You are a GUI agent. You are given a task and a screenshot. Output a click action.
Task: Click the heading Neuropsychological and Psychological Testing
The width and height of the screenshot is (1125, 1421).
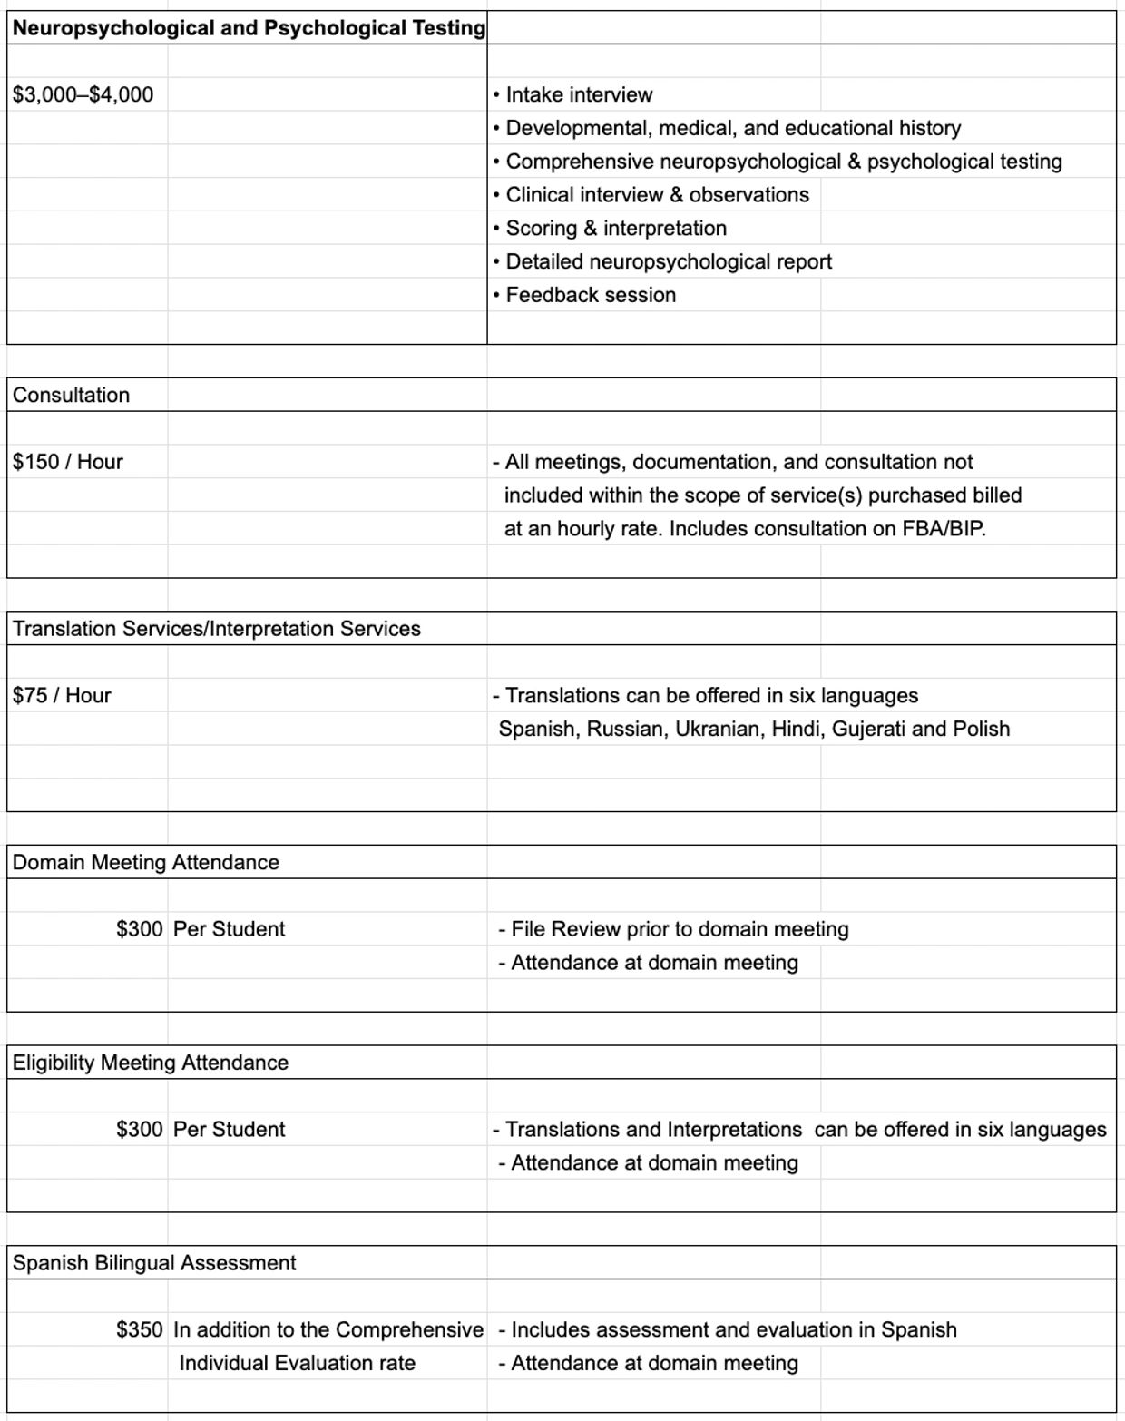[x=249, y=28]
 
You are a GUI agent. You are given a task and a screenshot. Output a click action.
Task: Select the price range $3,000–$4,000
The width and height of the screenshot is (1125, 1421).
[x=83, y=94]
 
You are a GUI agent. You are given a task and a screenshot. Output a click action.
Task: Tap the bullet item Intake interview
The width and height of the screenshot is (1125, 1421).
[x=579, y=94]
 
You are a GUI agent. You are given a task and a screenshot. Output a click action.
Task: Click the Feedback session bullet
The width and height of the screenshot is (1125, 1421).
[x=590, y=295]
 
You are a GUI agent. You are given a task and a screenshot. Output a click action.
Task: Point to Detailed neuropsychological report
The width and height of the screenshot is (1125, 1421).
[x=668, y=261]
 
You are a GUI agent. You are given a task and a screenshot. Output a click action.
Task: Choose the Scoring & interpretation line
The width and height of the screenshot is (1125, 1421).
[x=615, y=228]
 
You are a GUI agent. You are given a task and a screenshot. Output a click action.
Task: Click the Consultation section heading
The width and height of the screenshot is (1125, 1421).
[x=71, y=395]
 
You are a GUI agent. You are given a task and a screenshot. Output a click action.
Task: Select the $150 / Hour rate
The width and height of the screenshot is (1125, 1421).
[x=67, y=462]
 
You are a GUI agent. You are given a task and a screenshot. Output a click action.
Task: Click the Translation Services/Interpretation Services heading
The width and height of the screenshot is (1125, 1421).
[x=216, y=629]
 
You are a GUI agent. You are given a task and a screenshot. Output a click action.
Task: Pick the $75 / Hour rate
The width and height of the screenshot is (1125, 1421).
[x=62, y=696]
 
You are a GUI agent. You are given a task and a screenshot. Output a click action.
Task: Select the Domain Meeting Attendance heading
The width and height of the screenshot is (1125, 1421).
[x=145, y=862]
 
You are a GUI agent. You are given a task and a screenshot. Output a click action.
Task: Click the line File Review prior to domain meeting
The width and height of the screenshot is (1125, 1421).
[x=679, y=929]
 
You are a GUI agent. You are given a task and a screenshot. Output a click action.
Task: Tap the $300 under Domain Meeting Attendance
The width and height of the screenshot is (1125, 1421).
[x=140, y=929]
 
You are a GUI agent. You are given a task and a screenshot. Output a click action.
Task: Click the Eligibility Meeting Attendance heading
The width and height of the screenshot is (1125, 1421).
[x=150, y=1063]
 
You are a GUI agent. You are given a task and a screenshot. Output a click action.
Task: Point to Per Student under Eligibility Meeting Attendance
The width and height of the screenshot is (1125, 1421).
[x=229, y=1130]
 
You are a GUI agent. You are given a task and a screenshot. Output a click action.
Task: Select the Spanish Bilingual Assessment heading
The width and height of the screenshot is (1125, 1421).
[x=153, y=1263]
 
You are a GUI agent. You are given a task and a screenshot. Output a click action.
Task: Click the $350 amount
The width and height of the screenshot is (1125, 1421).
[x=140, y=1330]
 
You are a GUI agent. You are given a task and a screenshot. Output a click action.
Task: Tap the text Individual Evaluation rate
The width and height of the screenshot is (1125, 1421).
[x=297, y=1363]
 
